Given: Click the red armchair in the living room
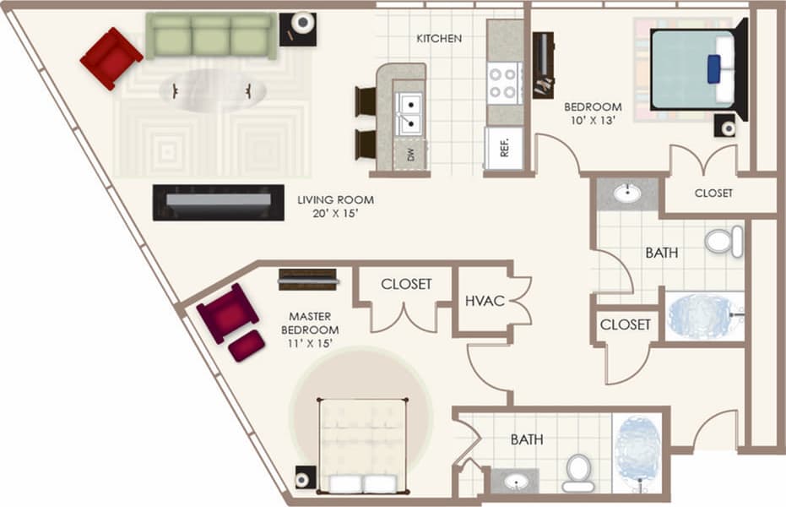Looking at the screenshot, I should (x=111, y=57).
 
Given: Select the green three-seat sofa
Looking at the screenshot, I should (x=211, y=35).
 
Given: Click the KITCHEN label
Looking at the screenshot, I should (x=439, y=39).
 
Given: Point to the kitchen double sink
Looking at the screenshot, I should (x=410, y=113).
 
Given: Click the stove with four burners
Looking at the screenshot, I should (x=503, y=83).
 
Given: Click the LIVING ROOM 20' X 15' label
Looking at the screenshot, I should (x=335, y=207).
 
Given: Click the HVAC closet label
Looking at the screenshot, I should (x=485, y=301).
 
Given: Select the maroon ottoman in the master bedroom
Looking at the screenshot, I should (x=246, y=346).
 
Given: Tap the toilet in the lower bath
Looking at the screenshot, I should (x=578, y=472).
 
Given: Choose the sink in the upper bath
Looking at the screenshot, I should (x=627, y=194).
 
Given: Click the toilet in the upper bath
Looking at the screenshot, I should (x=723, y=241).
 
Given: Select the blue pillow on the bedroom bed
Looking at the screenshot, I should (x=714, y=68).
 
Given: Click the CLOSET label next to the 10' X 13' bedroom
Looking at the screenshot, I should (x=713, y=193).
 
